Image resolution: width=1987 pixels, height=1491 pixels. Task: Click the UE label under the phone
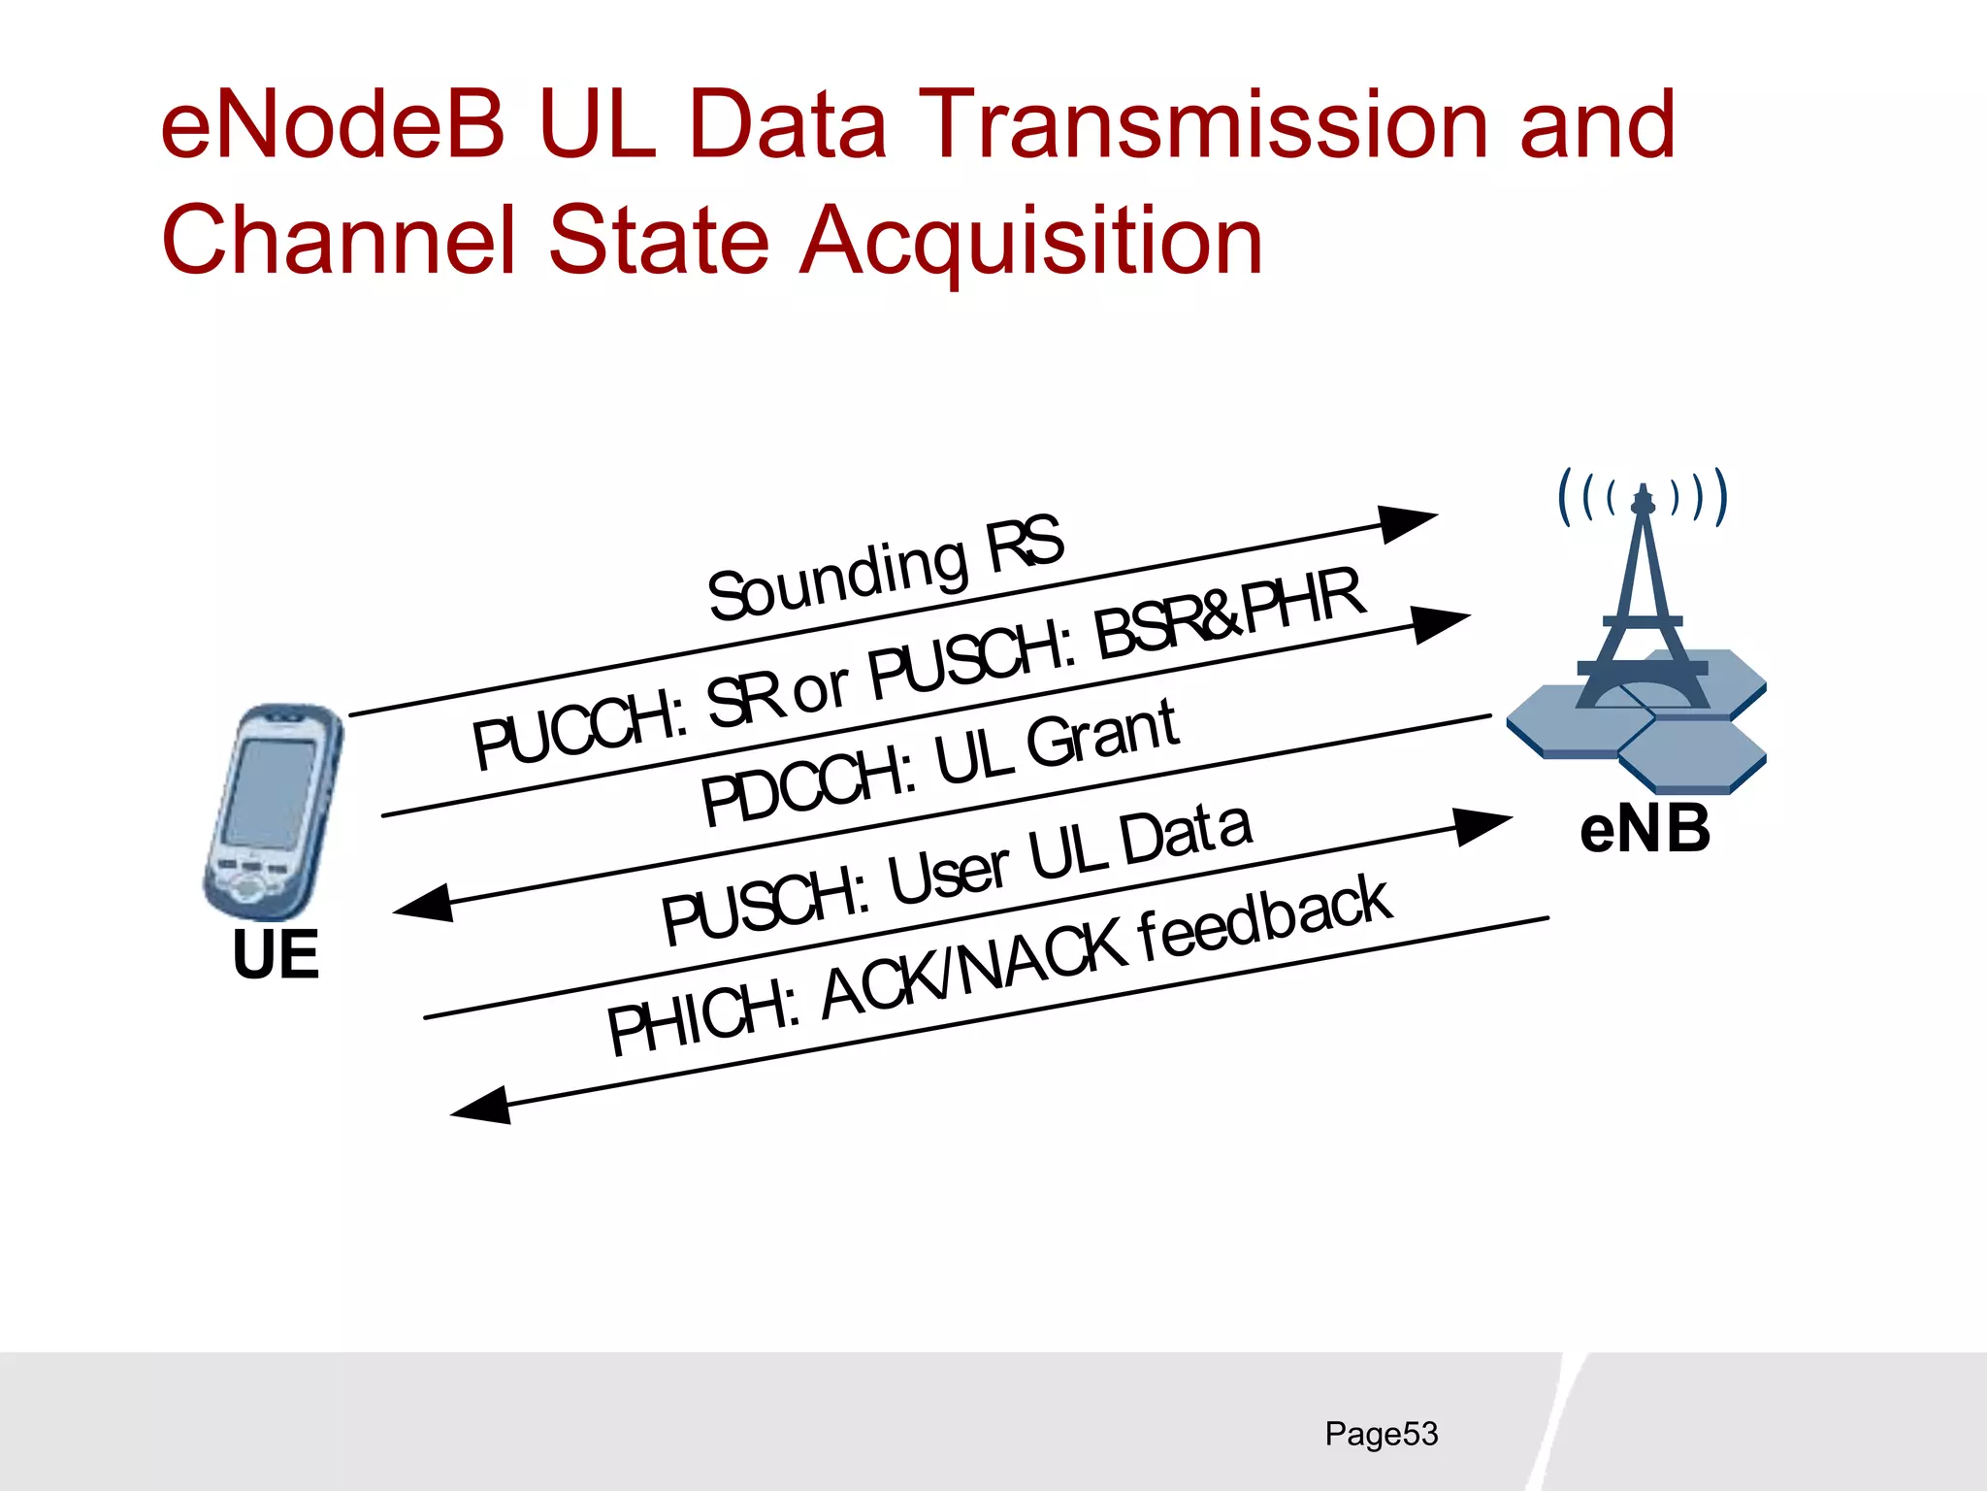point(276,955)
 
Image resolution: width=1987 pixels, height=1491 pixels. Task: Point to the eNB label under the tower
point(1645,831)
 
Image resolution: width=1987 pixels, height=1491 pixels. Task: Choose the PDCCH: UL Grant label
point(939,764)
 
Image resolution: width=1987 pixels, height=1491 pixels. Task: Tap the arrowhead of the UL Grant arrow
point(425,904)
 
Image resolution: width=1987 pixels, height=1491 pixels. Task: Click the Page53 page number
point(1381,1434)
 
